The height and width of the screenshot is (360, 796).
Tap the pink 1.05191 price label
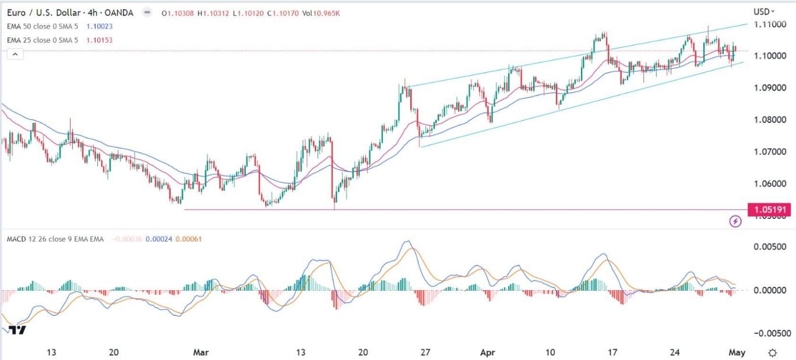pos(769,210)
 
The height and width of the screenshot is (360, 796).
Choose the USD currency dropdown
pos(764,11)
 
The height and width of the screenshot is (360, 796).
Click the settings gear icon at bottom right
pos(772,352)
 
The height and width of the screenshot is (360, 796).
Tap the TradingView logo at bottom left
pos(17,330)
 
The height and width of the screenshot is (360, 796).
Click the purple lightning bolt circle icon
pos(735,221)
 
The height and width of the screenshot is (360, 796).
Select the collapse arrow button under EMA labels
pos(15,54)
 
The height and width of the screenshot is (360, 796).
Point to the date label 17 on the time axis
pos(612,352)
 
